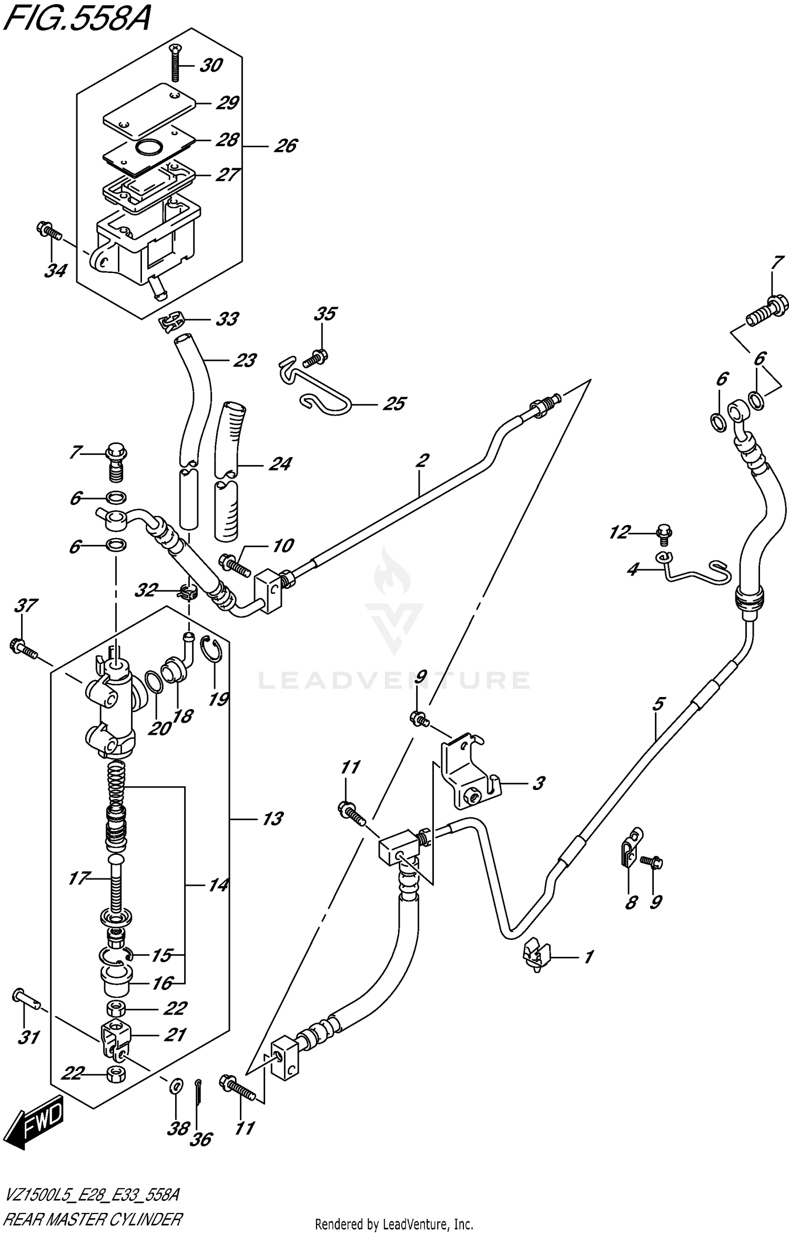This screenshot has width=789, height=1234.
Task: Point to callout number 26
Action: (x=286, y=146)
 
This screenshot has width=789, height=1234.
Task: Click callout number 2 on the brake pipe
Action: (x=421, y=460)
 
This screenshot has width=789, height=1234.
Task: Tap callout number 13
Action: (x=272, y=819)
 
